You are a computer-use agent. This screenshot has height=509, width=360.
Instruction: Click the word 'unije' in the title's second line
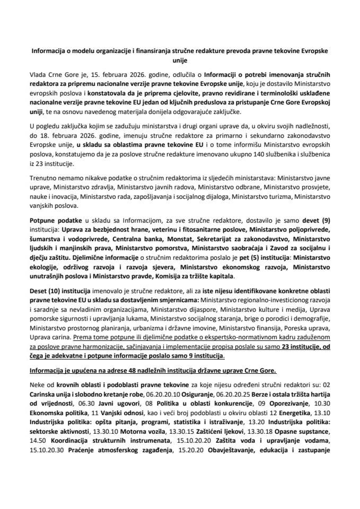click(180, 60)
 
